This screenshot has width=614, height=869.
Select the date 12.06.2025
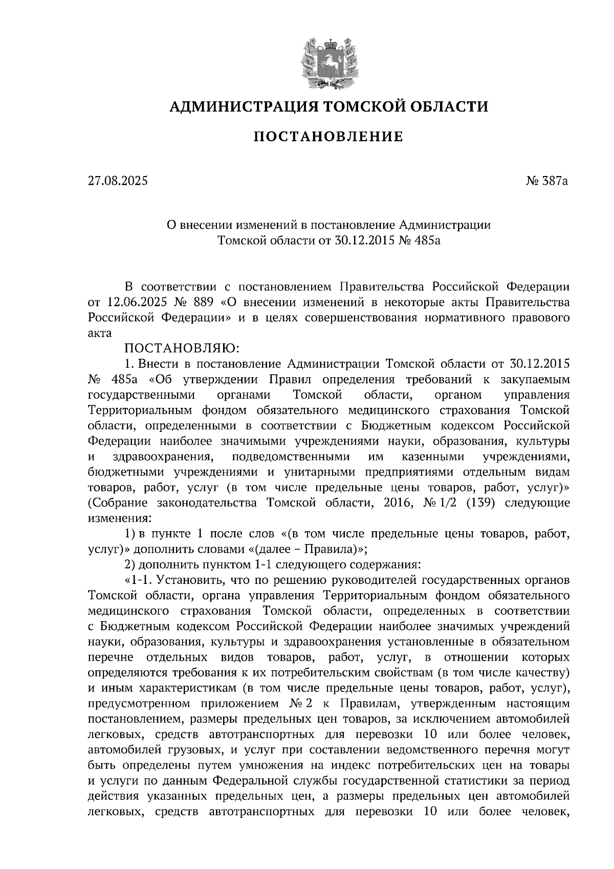135,302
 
